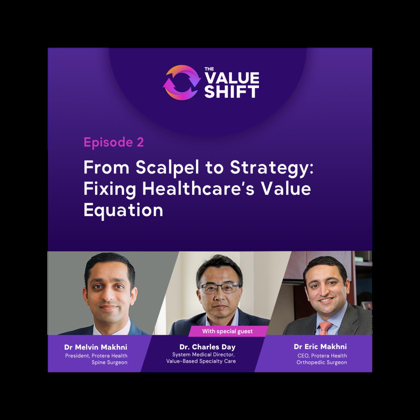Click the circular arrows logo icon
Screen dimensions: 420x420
(181, 83)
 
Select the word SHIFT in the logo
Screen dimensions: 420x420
(232, 92)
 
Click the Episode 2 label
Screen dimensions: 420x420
(114, 142)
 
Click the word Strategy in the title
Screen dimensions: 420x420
(271, 169)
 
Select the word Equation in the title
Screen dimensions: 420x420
(123, 210)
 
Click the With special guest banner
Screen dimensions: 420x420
(227, 331)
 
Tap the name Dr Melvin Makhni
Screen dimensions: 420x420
(96, 347)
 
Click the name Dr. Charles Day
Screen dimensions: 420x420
(207, 347)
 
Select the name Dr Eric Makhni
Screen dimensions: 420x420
(320, 346)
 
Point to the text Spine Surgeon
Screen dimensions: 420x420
(109, 362)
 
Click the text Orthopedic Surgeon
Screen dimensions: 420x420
(322, 362)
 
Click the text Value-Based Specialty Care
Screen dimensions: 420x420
(201, 361)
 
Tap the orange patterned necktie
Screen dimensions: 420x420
(325, 327)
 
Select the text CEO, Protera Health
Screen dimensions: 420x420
(322, 356)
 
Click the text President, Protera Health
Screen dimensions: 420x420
(96, 356)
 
